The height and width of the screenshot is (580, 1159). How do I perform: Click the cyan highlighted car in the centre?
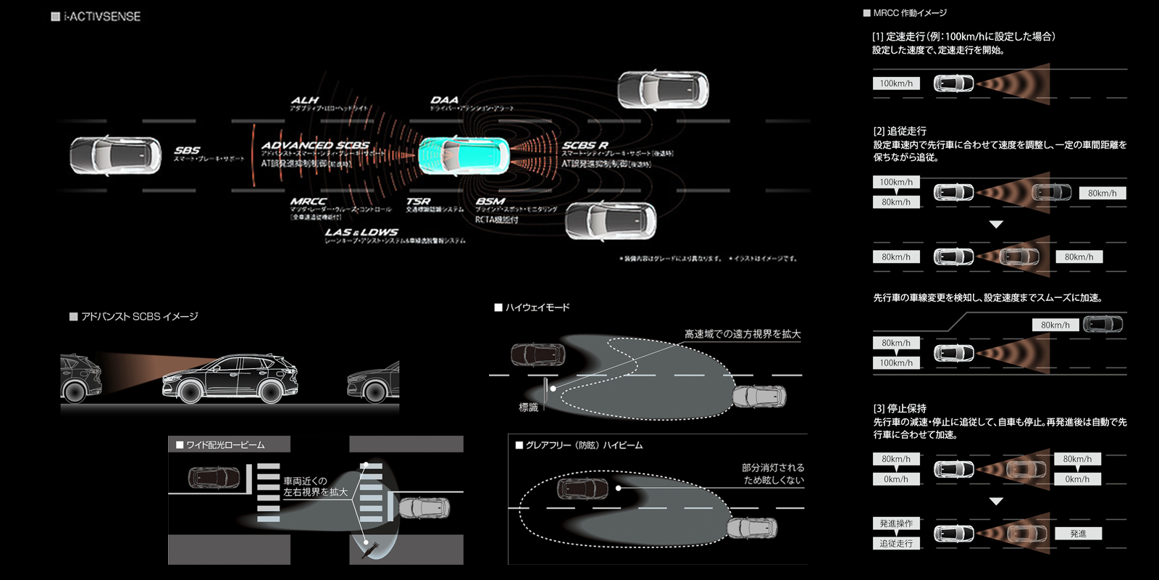point(464,155)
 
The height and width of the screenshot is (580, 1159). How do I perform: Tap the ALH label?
point(305,100)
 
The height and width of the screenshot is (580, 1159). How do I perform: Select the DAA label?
point(444,100)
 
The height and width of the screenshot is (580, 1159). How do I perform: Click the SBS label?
point(187,150)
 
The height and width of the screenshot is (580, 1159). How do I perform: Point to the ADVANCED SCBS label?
point(315,145)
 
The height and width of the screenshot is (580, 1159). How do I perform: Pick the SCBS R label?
point(585,145)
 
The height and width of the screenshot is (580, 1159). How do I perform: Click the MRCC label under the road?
point(309,201)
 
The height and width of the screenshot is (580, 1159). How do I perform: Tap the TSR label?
point(418,201)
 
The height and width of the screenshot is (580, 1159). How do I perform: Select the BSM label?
point(490,201)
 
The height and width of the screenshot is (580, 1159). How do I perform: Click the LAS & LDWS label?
point(361,232)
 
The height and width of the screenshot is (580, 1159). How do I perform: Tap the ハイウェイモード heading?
point(537,307)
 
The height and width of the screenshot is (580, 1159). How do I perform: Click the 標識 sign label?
point(529,407)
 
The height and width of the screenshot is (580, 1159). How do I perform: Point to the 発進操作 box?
point(896,523)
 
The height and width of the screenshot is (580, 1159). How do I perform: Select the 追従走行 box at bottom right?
point(896,543)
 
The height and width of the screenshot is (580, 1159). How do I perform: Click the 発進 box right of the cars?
point(1078,534)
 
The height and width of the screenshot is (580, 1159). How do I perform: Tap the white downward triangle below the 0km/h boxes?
point(996,501)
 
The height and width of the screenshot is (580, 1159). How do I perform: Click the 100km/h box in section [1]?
point(896,83)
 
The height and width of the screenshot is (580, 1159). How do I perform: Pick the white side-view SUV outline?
point(230,378)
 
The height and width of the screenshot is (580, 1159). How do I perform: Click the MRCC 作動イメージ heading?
point(909,13)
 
